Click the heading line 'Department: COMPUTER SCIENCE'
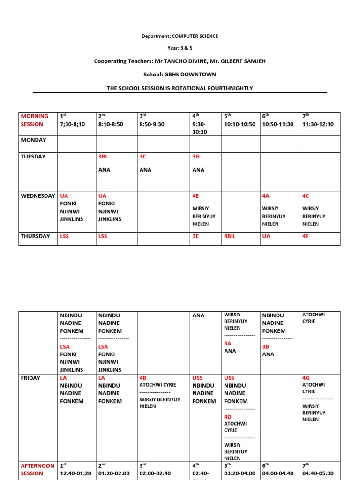point(180,36)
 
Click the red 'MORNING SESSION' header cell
point(34,120)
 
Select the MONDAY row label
point(33,140)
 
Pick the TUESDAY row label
point(33,157)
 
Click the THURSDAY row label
point(35,236)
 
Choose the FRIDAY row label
point(30,378)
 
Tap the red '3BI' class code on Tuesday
point(103,157)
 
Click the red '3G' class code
point(196,157)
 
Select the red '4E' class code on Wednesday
point(195,195)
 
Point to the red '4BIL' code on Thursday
point(230,236)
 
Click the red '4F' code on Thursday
point(306,236)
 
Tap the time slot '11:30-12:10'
point(318,124)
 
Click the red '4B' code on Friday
point(143,378)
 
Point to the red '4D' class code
point(228,416)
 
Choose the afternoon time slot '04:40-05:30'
point(318,473)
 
